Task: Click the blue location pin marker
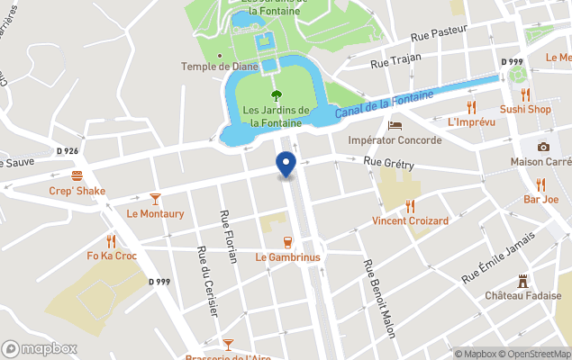(286, 165)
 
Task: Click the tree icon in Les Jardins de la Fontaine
(277, 95)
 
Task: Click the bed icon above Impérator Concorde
(395, 125)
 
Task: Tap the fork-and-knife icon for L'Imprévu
(469, 106)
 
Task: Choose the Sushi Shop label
(525, 110)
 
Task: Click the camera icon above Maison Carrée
(543, 147)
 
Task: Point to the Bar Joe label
(541, 199)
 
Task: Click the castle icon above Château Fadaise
(522, 281)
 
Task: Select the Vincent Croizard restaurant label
(410, 220)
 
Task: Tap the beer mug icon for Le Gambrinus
(287, 241)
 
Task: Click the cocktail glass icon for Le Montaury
(155, 198)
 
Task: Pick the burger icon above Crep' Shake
(77, 175)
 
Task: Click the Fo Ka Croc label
(112, 256)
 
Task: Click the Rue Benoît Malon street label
(378, 299)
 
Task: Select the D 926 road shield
(68, 151)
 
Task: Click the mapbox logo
(40, 349)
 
